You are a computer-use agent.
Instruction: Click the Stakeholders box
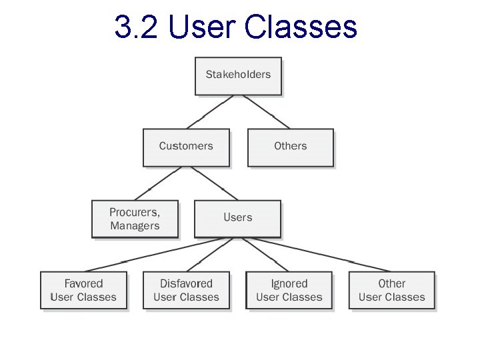pyautogui.click(x=238, y=75)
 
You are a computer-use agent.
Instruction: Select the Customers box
pyautogui.click(x=186, y=147)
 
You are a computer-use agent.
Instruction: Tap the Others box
pyautogui.click(x=290, y=147)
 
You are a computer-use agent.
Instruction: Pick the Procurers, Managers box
pyautogui.click(x=135, y=219)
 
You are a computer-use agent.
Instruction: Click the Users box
pyautogui.click(x=238, y=219)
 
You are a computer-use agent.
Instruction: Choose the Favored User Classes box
pyautogui.click(x=83, y=291)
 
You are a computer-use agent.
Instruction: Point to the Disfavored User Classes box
pyautogui.click(x=186, y=291)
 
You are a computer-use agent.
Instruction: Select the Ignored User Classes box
pyautogui.click(x=289, y=291)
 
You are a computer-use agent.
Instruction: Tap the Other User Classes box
pyautogui.click(x=392, y=291)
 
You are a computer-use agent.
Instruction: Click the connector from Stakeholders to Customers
pyautogui.click(x=210, y=111)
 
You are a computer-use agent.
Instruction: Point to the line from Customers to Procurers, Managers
pyautogui.click(x=159, y=183)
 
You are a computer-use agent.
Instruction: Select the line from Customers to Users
pyautogui.click(x=214, y=183)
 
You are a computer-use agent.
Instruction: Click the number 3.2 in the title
pyautogui.click(x=137, y=28)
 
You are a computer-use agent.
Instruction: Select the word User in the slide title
pyautogui.click(x=203, y=28)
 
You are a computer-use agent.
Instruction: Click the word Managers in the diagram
pyautogui.click(x=135, y=226)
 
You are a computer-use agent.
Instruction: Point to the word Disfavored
pyautogui.click(x=186, y=284)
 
